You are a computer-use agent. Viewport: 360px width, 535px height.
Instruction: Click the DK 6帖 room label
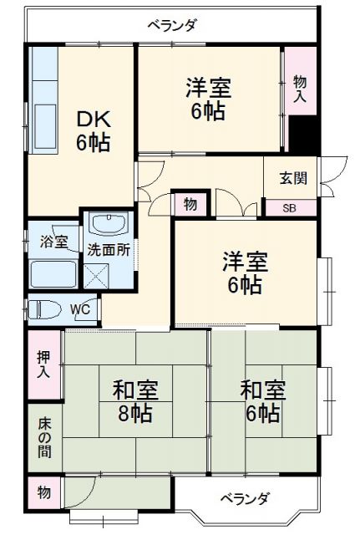tap(94, 130)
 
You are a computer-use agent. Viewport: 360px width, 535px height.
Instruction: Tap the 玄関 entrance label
tap(292, 177)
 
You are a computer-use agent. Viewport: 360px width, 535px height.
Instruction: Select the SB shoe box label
tap(288, 208)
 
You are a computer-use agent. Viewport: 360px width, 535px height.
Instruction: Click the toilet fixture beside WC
tap(47, 309)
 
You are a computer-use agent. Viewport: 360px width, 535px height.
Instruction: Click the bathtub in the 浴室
tap(53, 274)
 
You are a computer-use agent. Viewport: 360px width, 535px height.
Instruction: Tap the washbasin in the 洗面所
tap(108, 224)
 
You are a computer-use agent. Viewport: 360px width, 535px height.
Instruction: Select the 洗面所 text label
tap(109, 248)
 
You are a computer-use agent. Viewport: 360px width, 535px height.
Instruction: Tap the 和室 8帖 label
tap(136, 400)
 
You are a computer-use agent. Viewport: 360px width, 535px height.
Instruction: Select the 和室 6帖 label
tap(262, 400)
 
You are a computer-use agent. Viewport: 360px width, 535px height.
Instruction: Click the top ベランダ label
tap(172, 25)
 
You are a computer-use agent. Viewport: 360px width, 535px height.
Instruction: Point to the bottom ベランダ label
tap(245, 499)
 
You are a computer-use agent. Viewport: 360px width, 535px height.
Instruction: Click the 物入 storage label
tap(300, 87)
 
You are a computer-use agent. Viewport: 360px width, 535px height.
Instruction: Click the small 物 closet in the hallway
tap(190, 204)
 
